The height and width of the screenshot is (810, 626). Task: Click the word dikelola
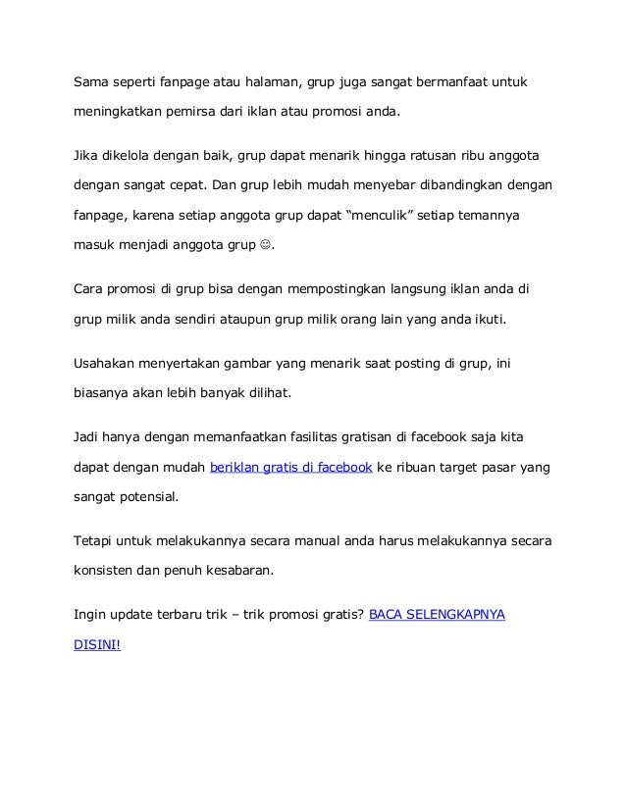137,157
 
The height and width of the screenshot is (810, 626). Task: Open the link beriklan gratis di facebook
290,468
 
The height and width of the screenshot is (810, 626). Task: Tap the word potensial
148,496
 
